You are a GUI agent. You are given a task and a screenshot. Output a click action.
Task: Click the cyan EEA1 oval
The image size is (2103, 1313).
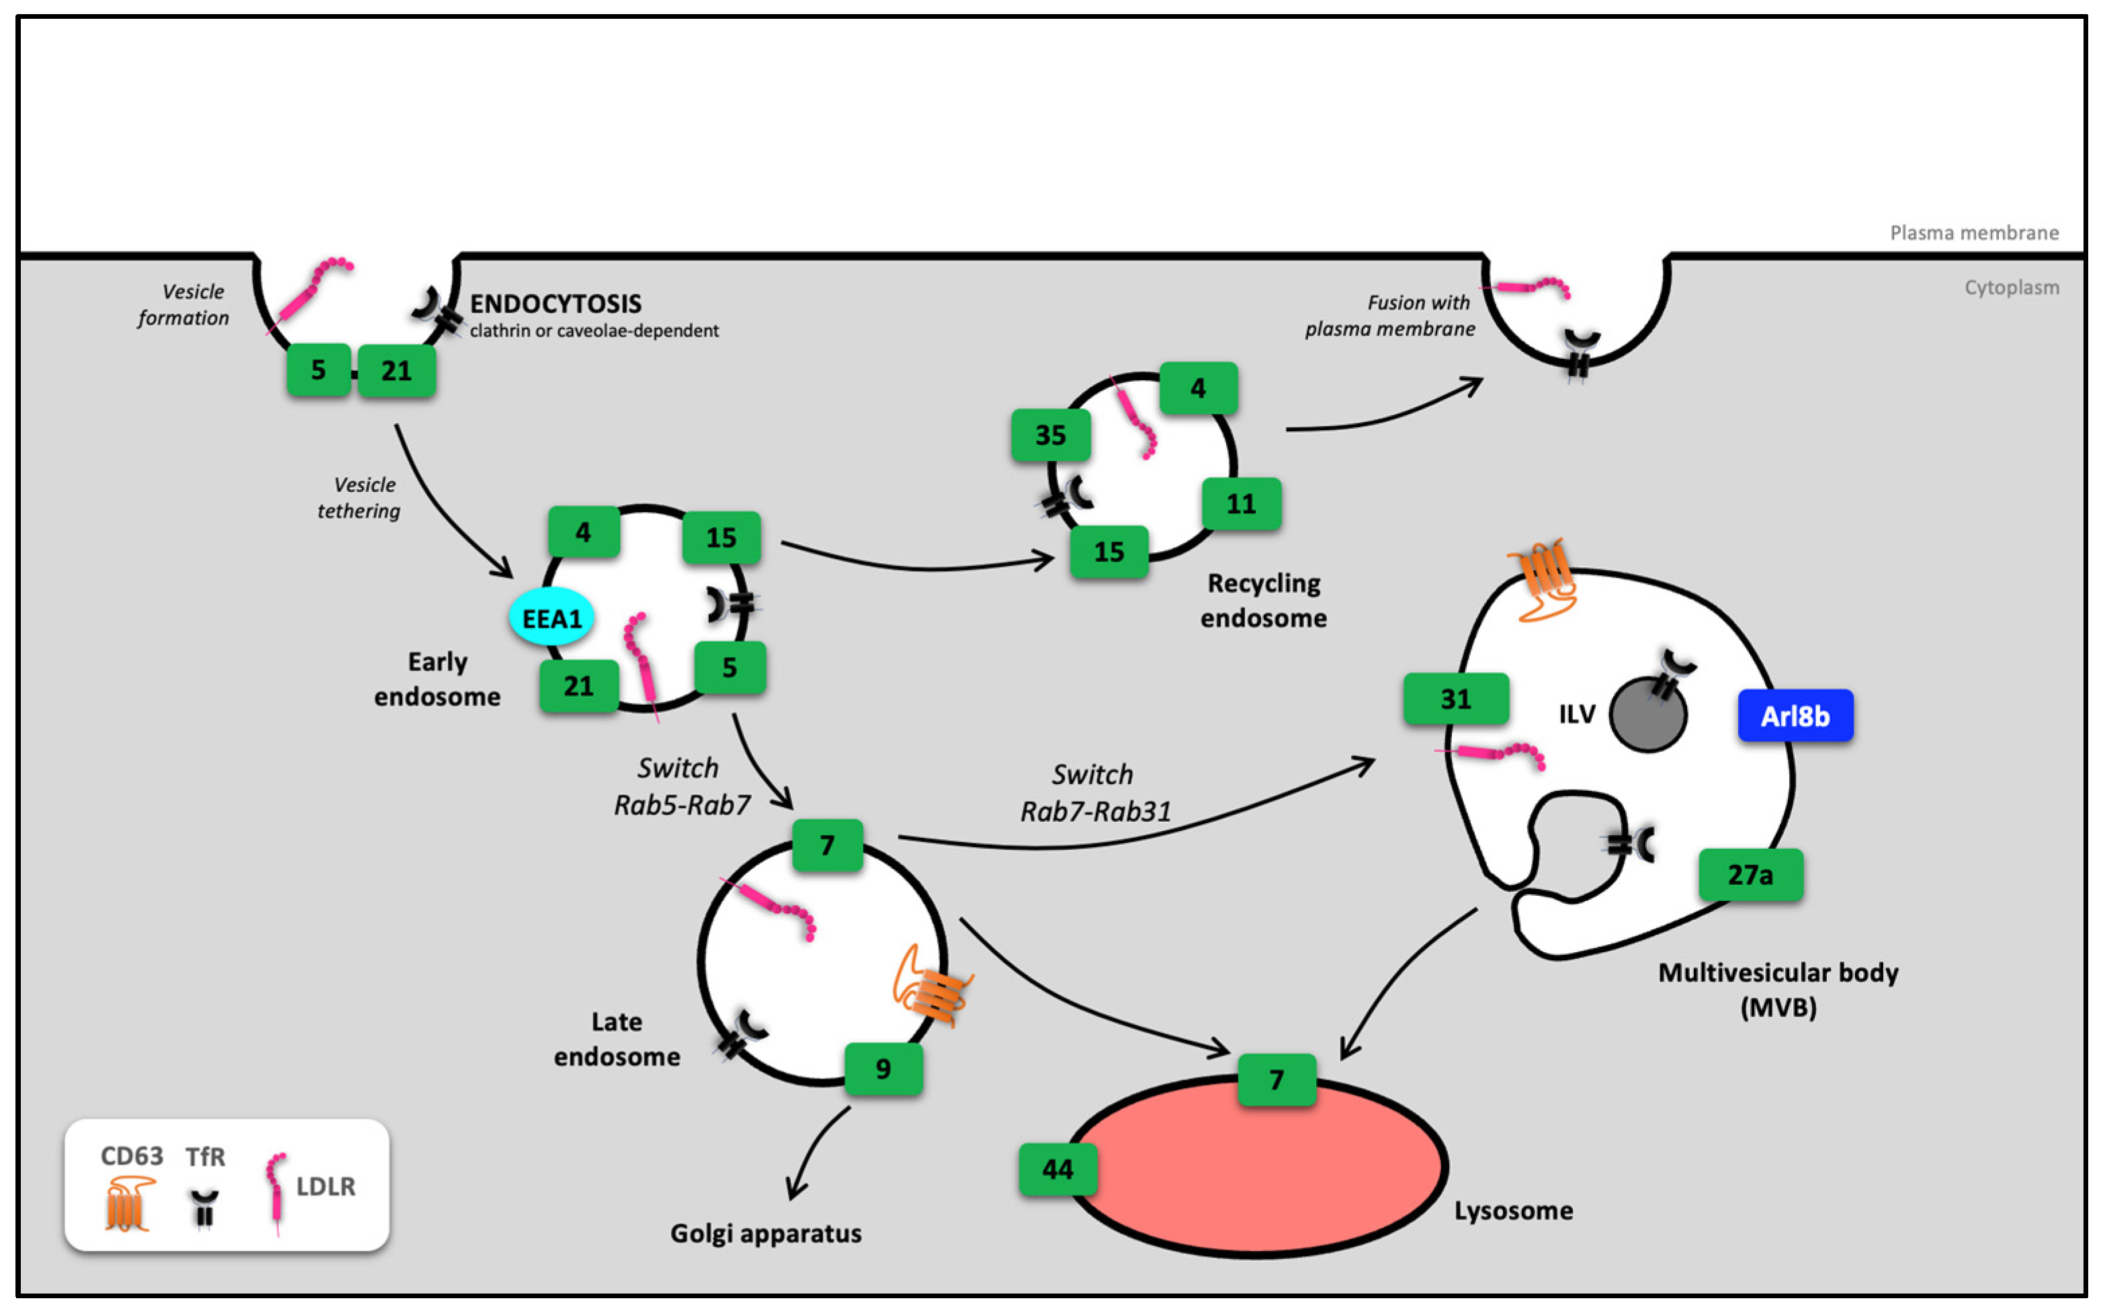552,618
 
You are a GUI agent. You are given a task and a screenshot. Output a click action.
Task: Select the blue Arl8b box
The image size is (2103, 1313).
1795,716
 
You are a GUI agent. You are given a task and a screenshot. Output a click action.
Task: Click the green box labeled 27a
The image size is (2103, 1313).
1750,874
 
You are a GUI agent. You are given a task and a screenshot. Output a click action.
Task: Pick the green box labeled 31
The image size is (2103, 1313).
1455,698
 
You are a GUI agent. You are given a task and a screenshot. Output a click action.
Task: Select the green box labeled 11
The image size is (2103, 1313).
1241,504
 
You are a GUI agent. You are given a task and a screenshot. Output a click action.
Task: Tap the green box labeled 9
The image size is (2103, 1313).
883,1068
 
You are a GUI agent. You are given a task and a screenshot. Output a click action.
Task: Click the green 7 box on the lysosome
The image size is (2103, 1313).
1275,1079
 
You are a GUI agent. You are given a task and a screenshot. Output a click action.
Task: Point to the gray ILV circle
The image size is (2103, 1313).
1647,716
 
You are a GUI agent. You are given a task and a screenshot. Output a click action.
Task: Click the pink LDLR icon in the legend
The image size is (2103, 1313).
276,1191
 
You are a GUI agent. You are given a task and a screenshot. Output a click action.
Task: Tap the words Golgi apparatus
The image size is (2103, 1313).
765,1233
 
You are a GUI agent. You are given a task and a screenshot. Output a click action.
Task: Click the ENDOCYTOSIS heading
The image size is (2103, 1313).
556,303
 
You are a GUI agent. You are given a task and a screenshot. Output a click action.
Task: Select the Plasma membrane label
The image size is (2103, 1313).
1973,232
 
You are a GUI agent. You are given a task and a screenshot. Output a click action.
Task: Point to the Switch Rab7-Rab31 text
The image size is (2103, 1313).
1094,792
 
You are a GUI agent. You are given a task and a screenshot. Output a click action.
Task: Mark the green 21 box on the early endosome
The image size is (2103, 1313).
578,686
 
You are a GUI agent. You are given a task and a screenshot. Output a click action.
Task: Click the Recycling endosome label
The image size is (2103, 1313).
1263,600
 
